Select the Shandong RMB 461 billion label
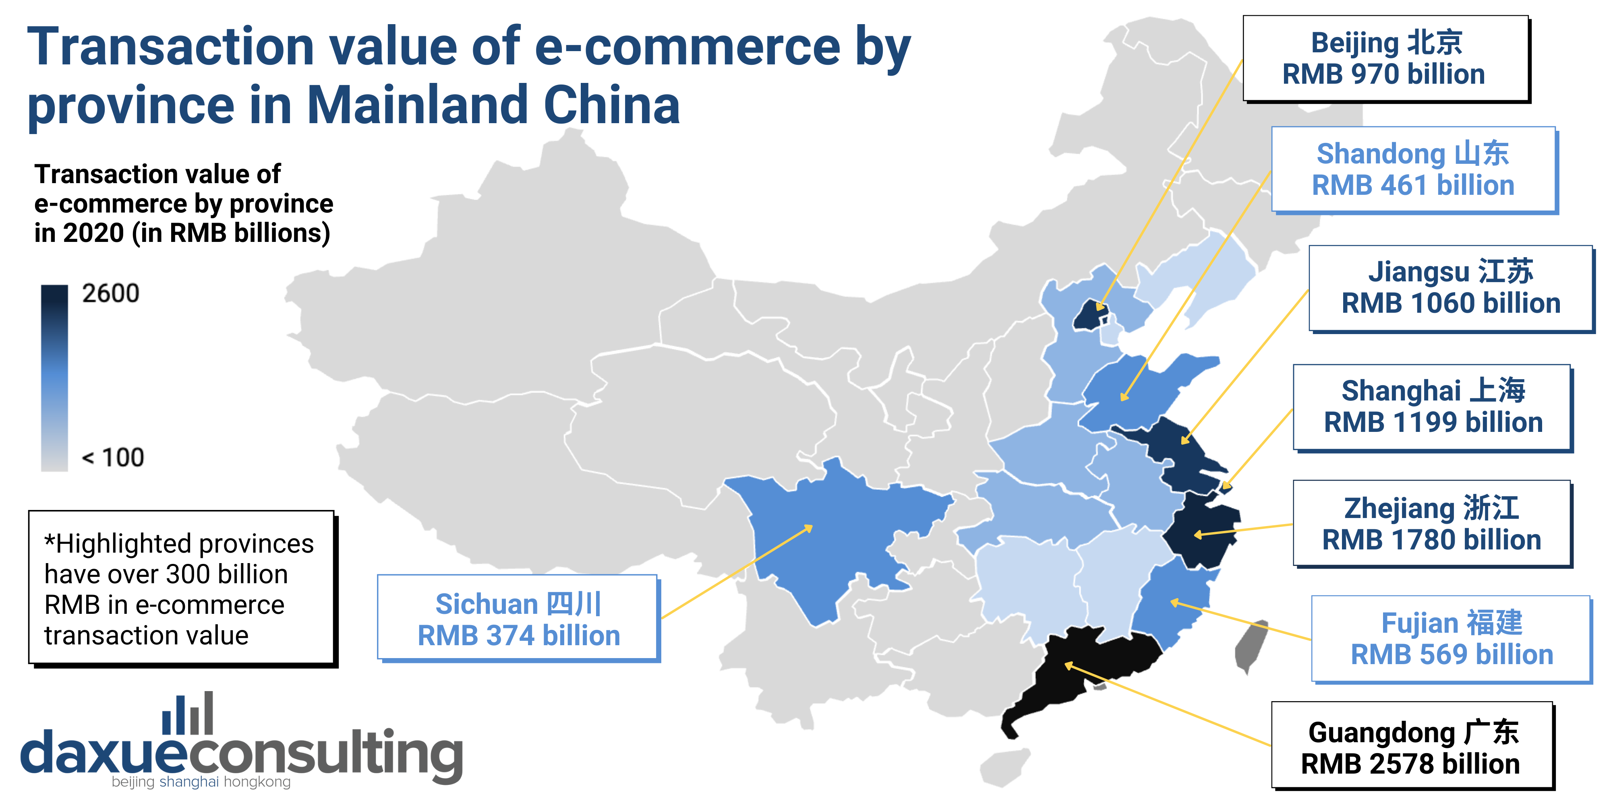pos(1413,169)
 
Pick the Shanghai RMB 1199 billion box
pos(1432,407)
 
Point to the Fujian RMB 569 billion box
pos(1451,639)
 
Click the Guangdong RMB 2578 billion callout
pos(1412,747)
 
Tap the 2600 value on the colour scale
pos(111,293)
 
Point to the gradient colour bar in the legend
pos(54,378)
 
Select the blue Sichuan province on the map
pos(832,537)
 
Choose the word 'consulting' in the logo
pos(325,753)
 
